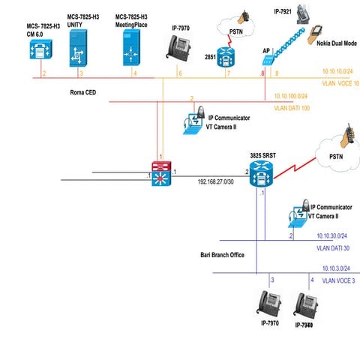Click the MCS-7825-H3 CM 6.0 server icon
[37, 50]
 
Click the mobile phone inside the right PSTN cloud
[346, 141]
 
